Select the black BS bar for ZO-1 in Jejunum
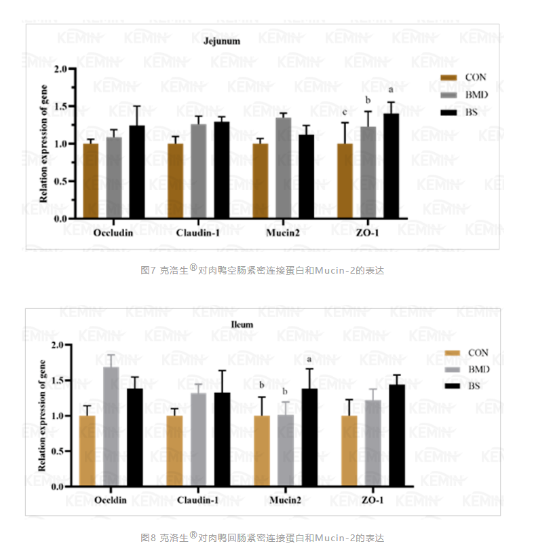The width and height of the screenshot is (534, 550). point(391,166)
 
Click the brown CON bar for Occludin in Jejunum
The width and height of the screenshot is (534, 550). point(90,181)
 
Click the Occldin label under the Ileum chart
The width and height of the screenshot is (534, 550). point(111,500)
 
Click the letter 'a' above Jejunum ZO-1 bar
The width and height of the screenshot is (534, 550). point(391,90)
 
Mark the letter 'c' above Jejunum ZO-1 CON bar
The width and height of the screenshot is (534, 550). point(345,112)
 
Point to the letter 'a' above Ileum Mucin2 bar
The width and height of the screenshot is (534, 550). point(309,360)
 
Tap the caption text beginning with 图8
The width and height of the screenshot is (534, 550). point(262,538)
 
